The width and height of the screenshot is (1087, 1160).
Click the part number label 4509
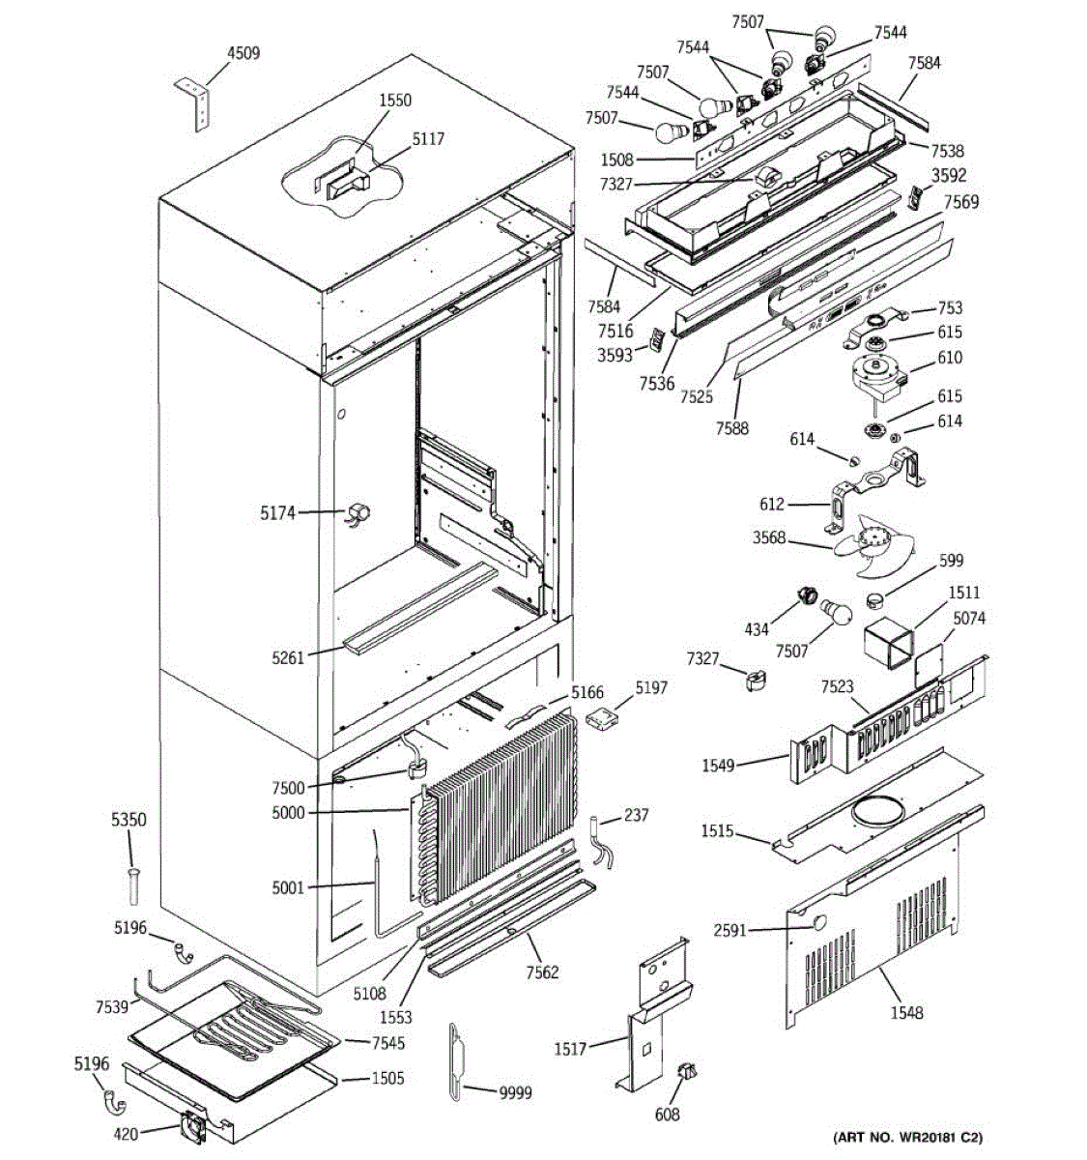243,53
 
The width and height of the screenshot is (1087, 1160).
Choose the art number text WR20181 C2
914,1137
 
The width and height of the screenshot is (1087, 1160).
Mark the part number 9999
515,1092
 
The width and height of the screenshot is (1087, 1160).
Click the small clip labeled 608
688,1072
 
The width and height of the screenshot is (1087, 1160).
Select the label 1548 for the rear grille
906,1012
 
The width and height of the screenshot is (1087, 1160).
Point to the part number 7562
542,971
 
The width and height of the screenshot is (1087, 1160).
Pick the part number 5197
651,688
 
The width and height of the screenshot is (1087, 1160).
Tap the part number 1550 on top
394,100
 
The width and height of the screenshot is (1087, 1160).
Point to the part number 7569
961,201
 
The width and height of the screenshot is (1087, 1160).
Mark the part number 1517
570,1048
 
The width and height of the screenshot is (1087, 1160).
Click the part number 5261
288,658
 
